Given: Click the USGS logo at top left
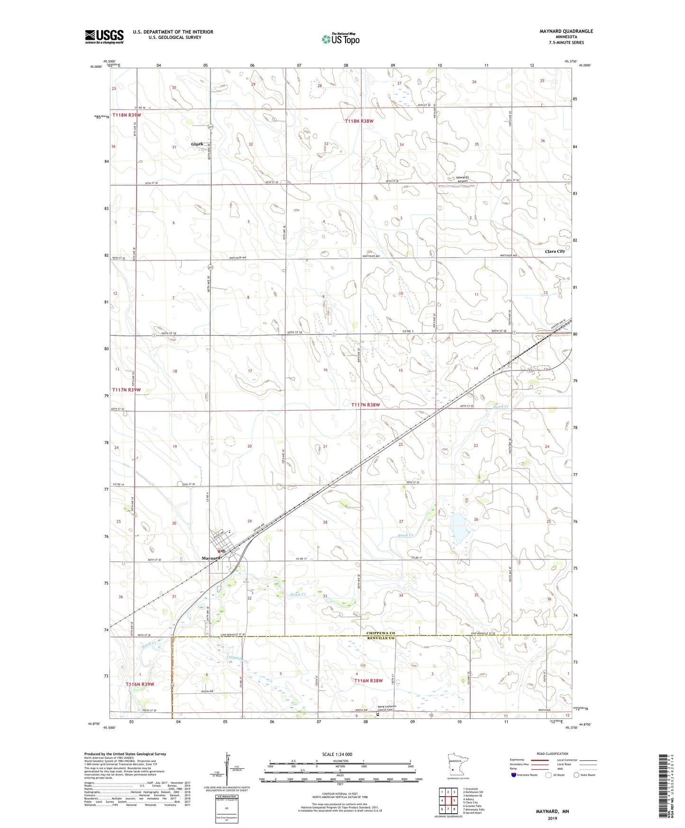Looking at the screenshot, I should (104, 37).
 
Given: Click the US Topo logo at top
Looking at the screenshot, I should (340, 39).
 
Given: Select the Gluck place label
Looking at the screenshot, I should (197, 144).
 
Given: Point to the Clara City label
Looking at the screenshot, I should (555, 251).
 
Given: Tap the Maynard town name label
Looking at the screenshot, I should (211, 558).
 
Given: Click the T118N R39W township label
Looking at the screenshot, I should (127, 115).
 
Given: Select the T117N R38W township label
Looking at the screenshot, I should (365, 405).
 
